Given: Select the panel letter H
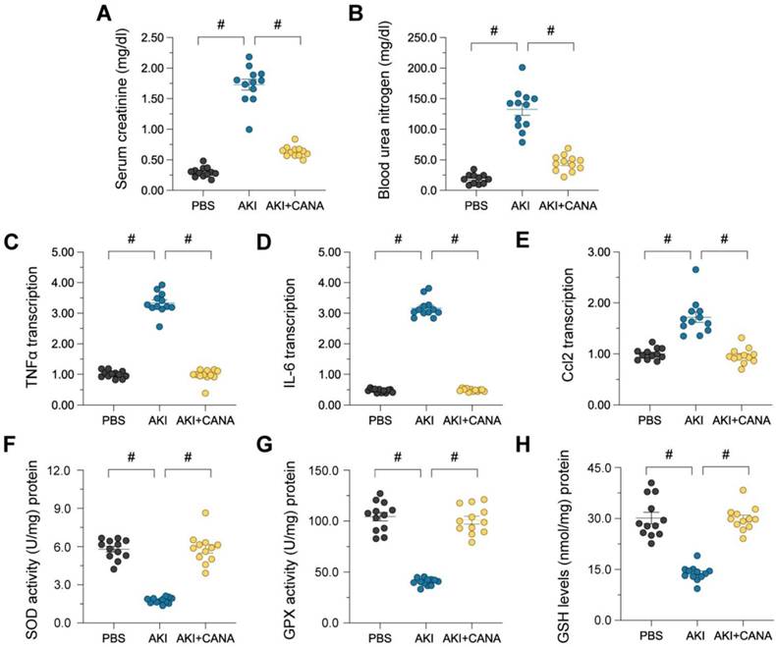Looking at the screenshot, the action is click(x=524, y=445).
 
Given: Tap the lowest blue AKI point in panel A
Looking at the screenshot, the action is click(x=249, y=130).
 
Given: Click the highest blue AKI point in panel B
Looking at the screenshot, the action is click(x=523, y=68).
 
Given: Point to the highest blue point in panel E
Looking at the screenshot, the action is click(x=695, y=270).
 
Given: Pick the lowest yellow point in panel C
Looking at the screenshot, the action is click(x=192, y=394).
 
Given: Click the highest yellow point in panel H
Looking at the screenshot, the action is click(x=744, y=490).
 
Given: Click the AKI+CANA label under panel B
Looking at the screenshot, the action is click(x=568, y=205).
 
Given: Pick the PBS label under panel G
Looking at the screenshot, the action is click(x=380, y=637).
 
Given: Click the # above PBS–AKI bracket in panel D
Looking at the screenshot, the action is click(x=398, y=240).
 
